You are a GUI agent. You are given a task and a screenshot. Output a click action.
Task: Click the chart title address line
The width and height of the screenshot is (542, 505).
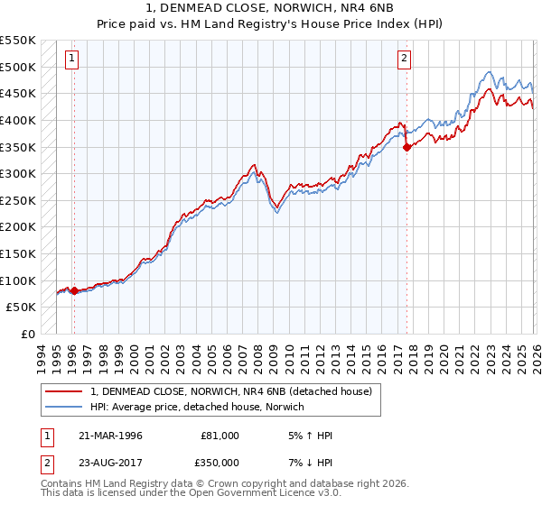point(271,8)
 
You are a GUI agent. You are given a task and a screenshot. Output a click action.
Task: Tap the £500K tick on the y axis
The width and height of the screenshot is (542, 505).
point(17,67)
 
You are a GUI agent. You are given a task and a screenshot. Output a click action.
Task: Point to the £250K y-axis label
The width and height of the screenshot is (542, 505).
point(17,200)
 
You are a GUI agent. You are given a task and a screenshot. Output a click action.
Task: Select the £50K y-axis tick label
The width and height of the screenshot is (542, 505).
point(21,307)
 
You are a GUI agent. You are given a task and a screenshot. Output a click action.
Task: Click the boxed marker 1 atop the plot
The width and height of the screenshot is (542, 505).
point(72,60)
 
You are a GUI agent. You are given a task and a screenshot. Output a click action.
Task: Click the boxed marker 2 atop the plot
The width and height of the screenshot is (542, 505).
point(404,60)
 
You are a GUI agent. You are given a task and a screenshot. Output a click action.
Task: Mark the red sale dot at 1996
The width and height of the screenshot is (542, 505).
point(74,290)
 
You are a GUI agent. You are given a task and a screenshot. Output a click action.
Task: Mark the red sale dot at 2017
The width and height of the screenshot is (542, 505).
point(406,147)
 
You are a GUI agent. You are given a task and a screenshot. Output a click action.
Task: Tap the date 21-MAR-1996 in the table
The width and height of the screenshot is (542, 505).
point(110,436)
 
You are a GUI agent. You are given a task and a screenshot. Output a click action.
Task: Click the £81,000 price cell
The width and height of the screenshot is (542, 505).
point(220,436)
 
